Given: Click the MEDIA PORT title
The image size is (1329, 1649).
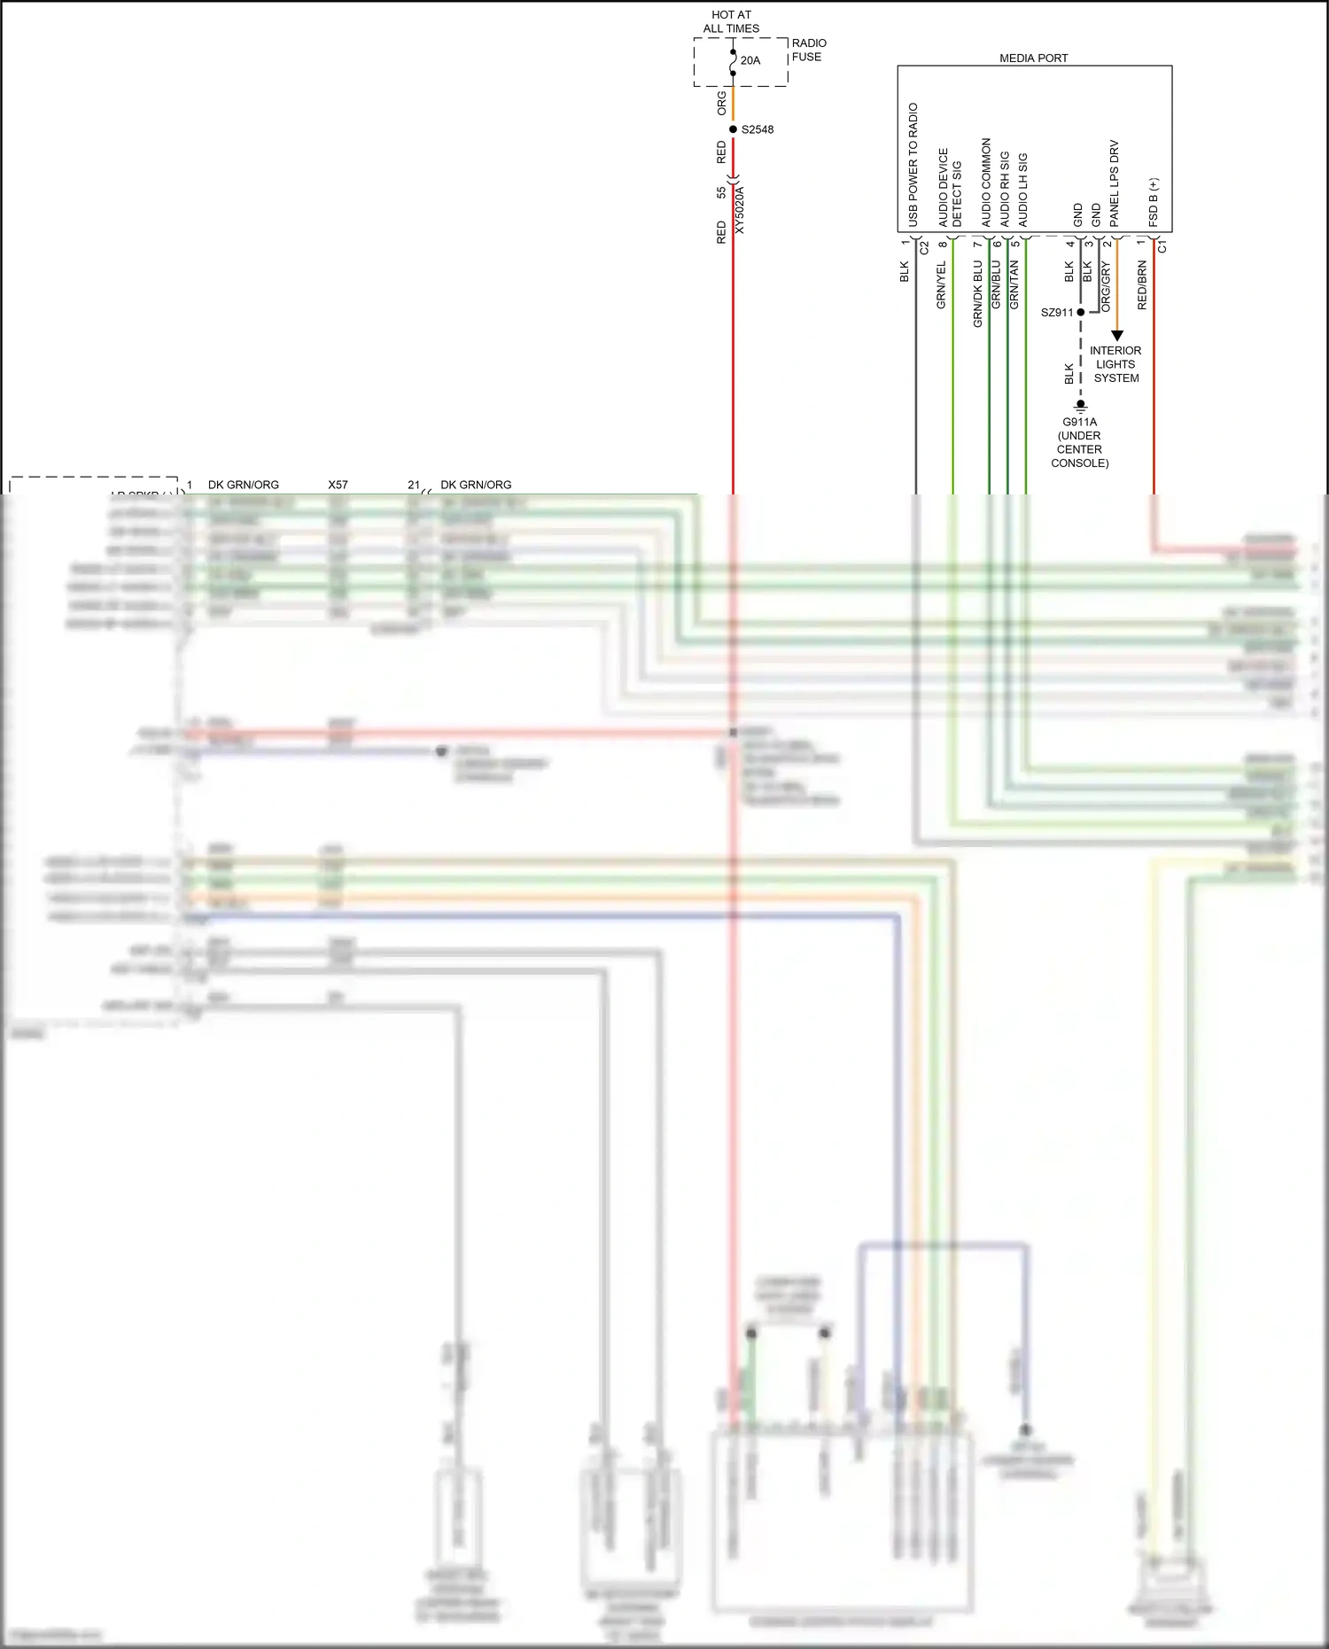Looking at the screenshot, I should click(x=1033, y=58).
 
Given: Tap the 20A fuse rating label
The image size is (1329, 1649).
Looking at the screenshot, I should click(x=750, y=61).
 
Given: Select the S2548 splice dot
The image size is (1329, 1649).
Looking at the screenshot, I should click(x=733, y=129).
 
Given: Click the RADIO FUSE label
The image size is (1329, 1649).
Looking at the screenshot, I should click(x=808, y=50).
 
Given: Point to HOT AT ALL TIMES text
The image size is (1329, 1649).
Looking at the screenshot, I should click(x=731, y=21).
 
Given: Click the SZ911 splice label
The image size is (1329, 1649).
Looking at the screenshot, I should click(x=1056, y=313).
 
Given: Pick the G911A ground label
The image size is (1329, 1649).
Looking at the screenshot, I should click(x=1079, y=423).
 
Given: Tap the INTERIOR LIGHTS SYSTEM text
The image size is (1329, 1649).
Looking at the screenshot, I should click(x=1115, y=364).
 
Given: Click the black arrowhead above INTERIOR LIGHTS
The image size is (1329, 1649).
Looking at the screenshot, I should click(x=1116, y=336).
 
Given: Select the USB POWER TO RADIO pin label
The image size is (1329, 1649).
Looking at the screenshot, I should click(x=913, y=165).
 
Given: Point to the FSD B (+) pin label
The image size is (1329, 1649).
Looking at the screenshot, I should click(x=1153, y=202).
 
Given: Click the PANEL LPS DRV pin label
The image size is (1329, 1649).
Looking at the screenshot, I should click(x=1114, y=183).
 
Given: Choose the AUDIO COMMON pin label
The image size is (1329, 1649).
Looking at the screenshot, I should click(x=985, y=182).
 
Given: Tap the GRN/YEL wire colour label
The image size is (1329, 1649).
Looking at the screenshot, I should click(x=941, y=284).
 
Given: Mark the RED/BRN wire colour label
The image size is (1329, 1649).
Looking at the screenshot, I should click(x=1142, y=284).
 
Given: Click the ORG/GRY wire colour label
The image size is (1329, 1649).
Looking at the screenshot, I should click(x=1105, y=286).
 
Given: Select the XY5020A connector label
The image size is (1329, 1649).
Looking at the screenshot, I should click(x=740, y=210).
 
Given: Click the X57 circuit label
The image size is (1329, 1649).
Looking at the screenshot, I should click(x=338, y=485).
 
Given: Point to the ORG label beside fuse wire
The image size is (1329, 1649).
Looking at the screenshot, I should click(x=721, y=104).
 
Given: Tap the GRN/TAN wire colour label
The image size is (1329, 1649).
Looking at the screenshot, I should click(x=1014, y=284).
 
